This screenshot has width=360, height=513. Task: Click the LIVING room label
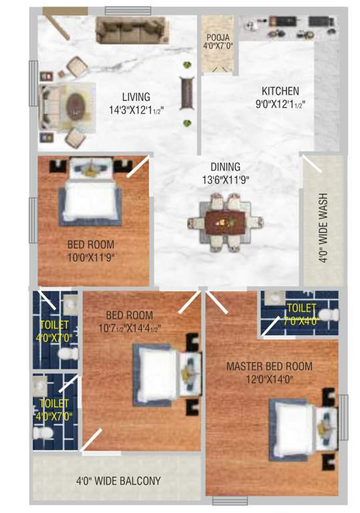click(x=136, y=96)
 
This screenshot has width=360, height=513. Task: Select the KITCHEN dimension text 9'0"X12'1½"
click(x=280, y=104)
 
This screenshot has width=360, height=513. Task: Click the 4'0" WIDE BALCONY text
click(x=118, y=480)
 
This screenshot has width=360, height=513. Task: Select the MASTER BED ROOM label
click(x=269, y=366)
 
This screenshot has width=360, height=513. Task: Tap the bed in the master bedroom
click(x=299, y=424)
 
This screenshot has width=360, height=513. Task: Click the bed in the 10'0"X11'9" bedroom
click(x=89, y=192)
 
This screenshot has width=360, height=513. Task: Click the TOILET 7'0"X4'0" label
click(x=303, y=313)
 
